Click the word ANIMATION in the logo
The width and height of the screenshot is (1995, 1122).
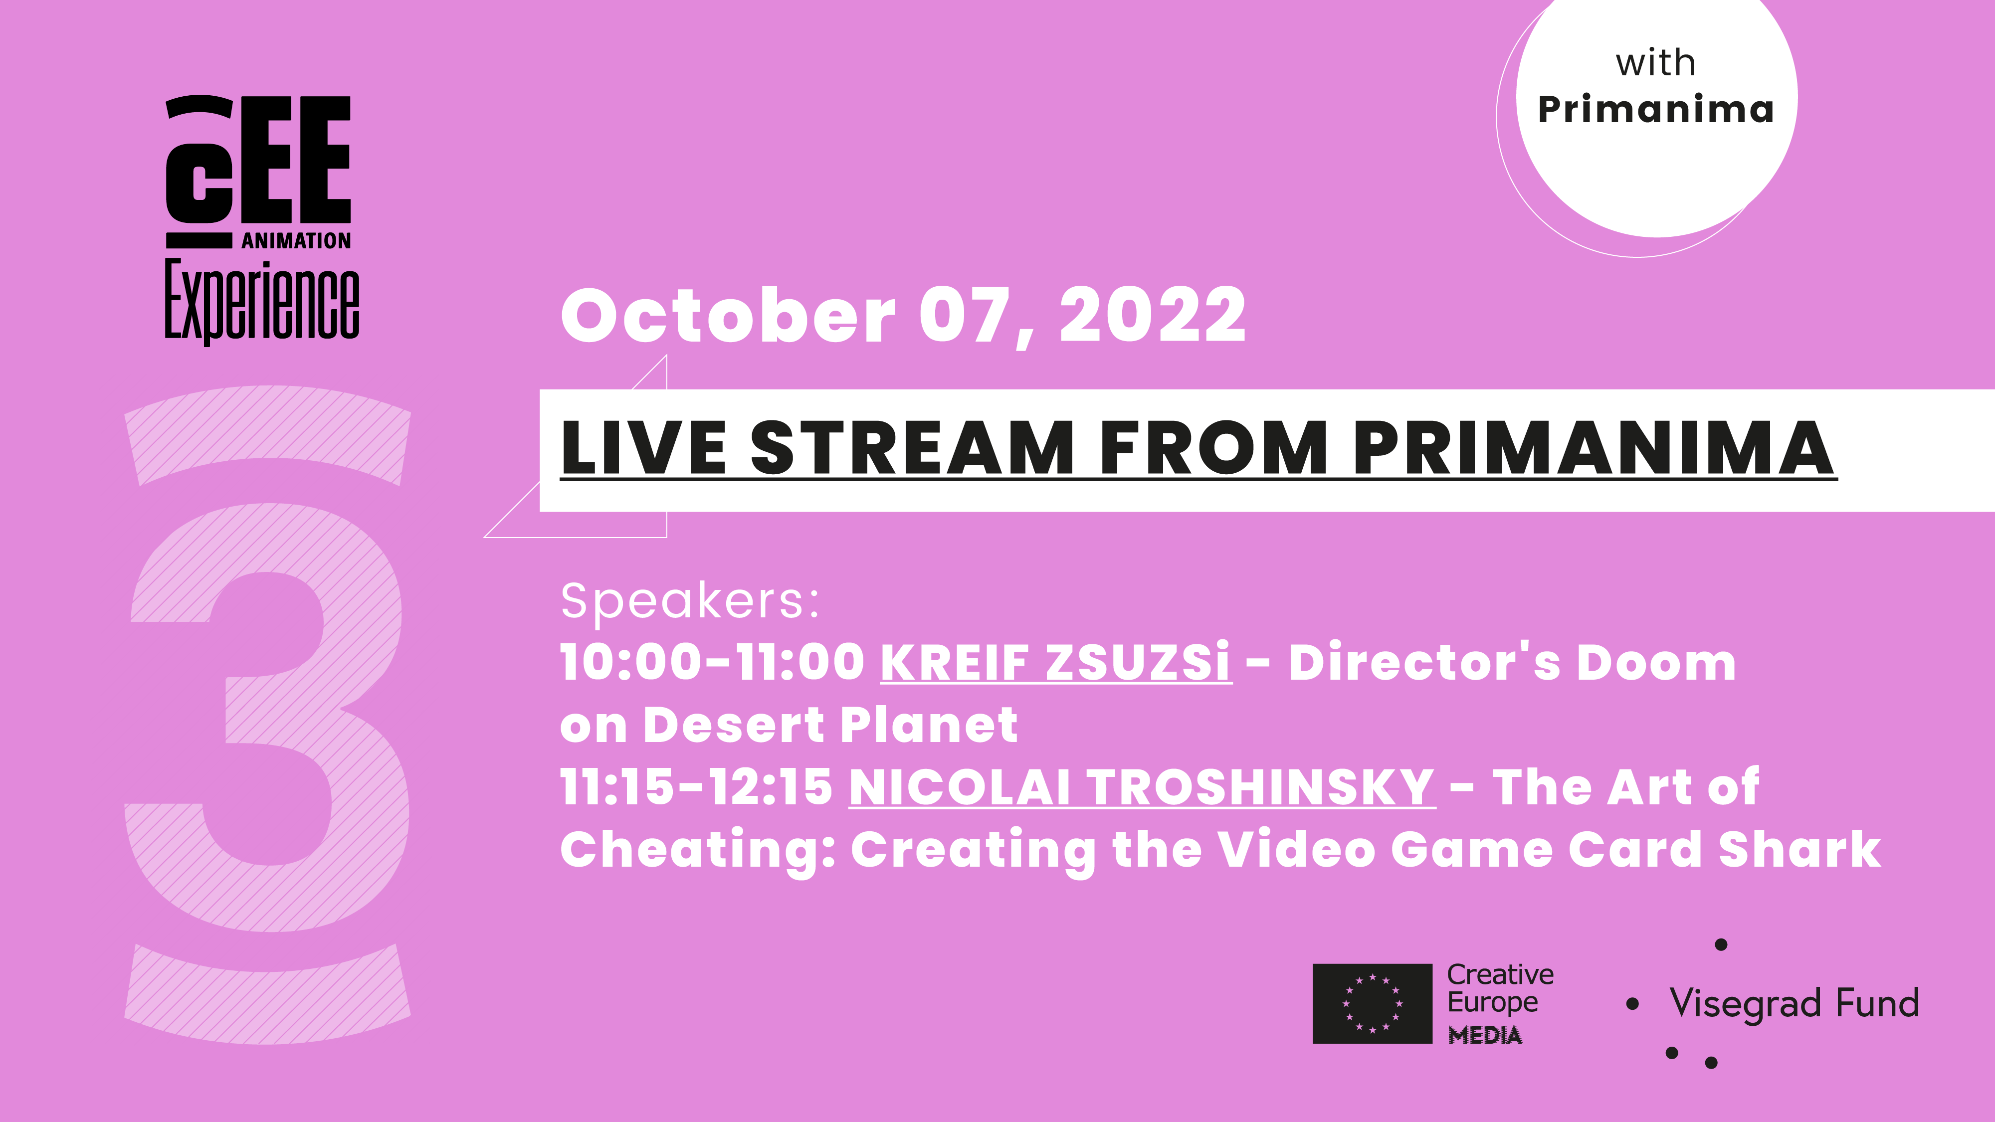pos(296,241)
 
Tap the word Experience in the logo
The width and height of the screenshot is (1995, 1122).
pos(262,302)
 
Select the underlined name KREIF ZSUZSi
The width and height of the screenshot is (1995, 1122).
pos(1055,663)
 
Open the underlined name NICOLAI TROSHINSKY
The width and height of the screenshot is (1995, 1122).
pos(1142,787)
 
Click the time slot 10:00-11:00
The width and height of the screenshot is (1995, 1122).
pos(713,663)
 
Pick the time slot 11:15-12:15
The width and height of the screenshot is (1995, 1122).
pos(697,787)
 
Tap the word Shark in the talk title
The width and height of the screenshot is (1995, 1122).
pos(1800,849)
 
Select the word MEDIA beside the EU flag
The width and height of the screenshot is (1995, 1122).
pos(1485,1035)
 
